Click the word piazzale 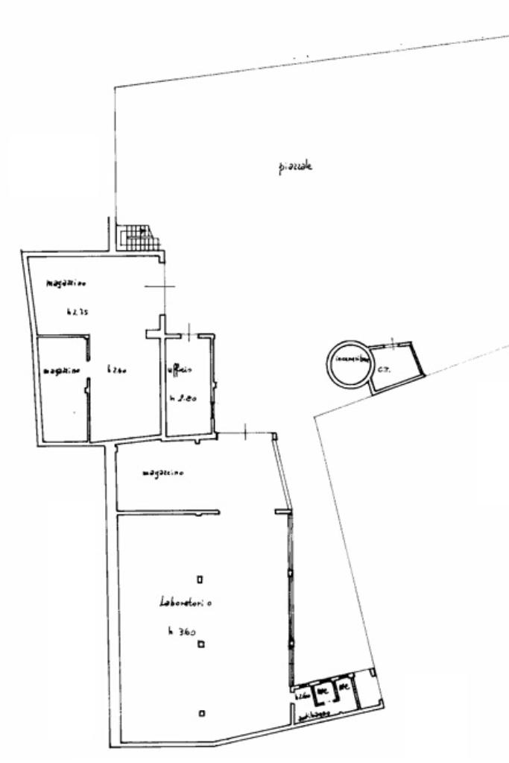[291, 166]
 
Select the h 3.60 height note [181, 632]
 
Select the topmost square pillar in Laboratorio [200, 579]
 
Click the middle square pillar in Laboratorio [200, 645]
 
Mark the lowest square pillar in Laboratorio [201, 713]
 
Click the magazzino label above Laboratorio [163, 473]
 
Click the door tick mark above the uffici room [190, 330]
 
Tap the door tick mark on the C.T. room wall [391, 343]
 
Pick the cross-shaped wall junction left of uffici [159, 330]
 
